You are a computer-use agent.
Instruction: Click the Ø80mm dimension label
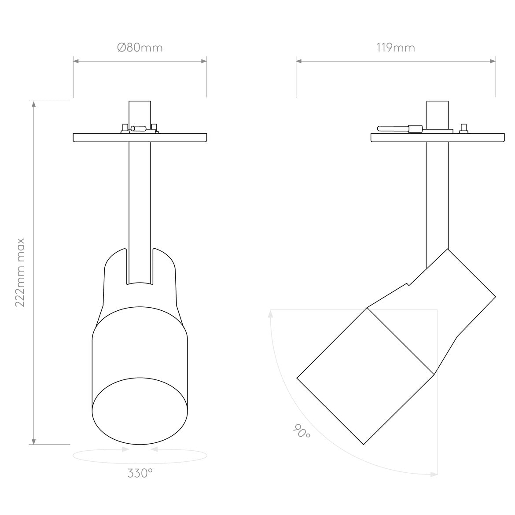coord(140,48)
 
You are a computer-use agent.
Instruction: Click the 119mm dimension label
coord(396,48)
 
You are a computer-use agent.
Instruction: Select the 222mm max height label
coord(20,272)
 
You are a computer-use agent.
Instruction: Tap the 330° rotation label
coord(140,473)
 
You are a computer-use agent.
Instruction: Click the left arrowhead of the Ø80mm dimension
coord(76,61)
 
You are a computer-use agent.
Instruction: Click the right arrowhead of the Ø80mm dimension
coord(204,61)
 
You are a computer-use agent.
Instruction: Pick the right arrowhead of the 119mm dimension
coord(493,61)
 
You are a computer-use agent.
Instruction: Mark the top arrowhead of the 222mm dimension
coord(33,104)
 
